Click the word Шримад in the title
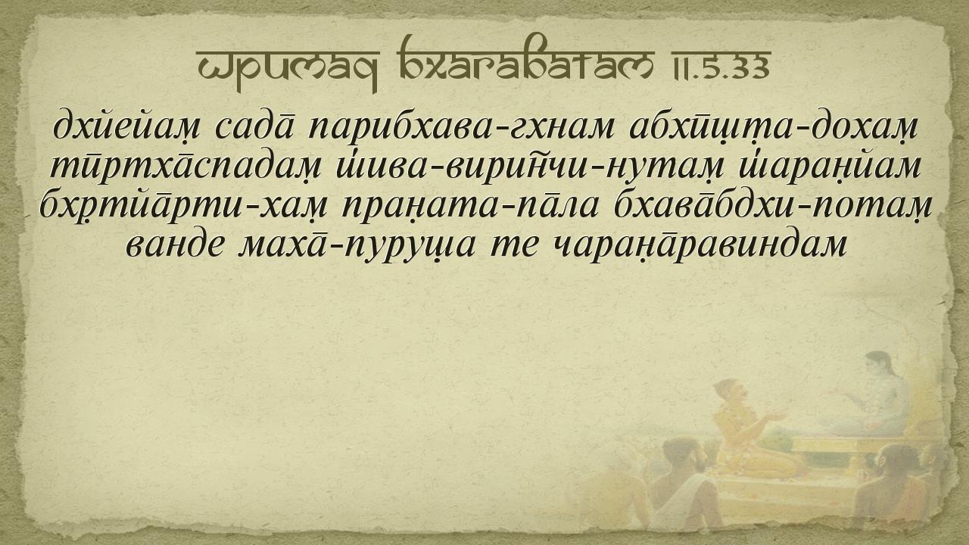(x=288, y=67)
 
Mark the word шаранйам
(x=829, y=167)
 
